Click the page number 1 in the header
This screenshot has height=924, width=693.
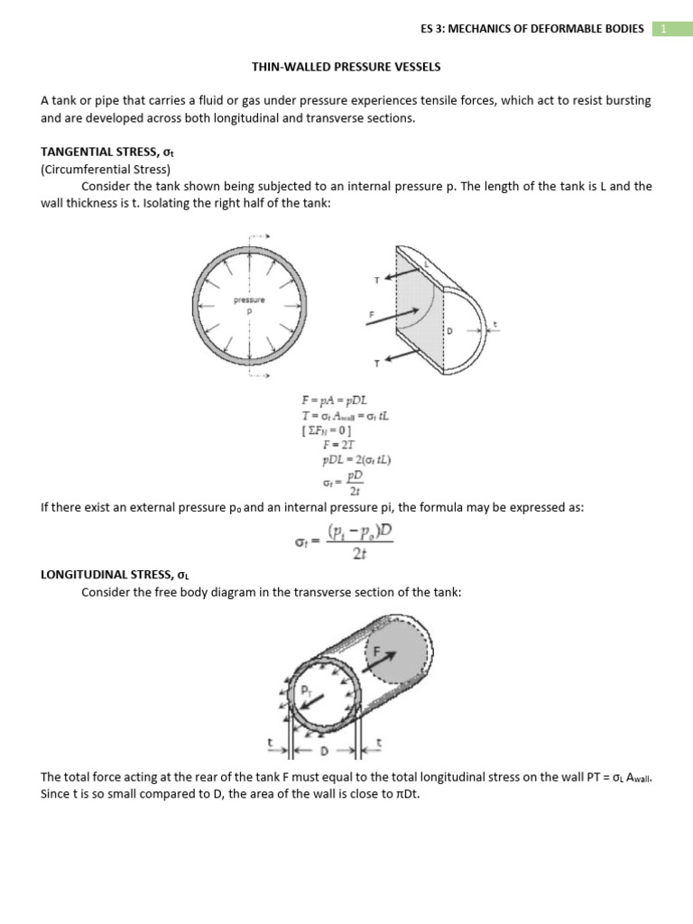663,28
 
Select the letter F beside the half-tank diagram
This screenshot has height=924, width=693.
371,316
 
